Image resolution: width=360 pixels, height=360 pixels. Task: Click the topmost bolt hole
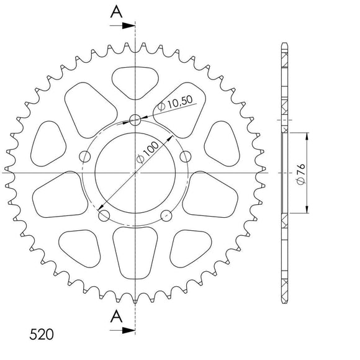[x=136, y=120]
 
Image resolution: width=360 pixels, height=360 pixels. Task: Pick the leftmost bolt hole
[x=84, y=157]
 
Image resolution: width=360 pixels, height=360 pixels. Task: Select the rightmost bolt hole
[x=187, y=157]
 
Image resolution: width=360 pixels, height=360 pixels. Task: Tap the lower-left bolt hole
[x=104, y=216]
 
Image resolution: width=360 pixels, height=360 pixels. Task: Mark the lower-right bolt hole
[x=167, y=216]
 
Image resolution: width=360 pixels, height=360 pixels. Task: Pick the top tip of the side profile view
[x=284, y=43]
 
